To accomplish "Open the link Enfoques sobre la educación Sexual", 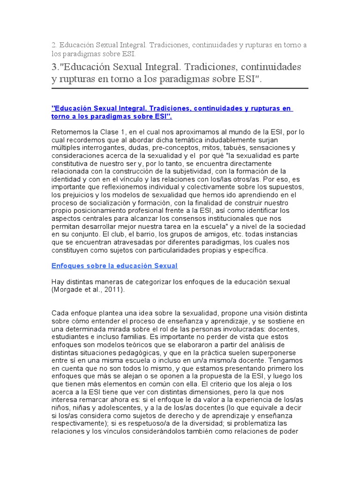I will pos(114,266).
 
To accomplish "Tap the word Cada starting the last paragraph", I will pos(60,313).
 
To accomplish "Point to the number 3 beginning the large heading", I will pos(54,67).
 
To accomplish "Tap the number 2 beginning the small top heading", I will pos(53,45).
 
